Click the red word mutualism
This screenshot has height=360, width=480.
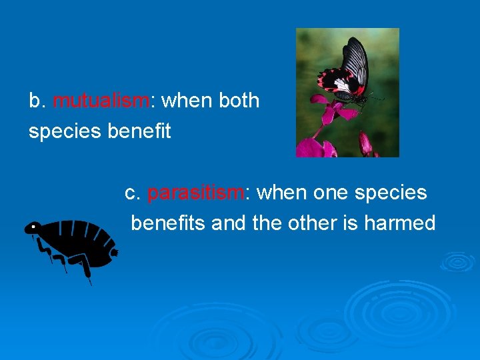click(x=101, y=101)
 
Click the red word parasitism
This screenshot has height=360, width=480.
click(x=195, y=193)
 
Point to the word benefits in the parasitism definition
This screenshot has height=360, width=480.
click(x=168, y=223)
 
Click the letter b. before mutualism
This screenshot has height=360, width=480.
click(x=37, y=101)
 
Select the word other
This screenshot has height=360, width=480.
click(x=313, y=223)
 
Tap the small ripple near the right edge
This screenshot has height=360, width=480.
click(x=458, y=261)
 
